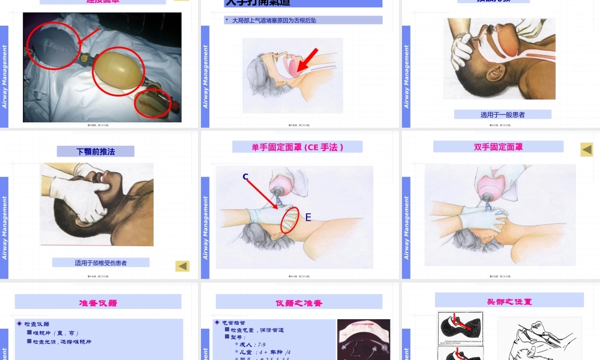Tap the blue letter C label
[x=245, y=176]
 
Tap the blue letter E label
[x=308, y=217]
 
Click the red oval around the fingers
[x=290, y=220]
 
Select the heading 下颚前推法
[x=96, y=152]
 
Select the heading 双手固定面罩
[x=498, y=147]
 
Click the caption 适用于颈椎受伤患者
[x=100, y=263]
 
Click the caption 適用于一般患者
[x=502, y=115]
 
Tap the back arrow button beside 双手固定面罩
[x=586, y=149]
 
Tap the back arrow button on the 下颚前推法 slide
[x=182, y=266]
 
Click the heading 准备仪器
[x=98, y=302]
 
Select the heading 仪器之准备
[x=299, y=302]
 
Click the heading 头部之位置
[x=509, y=301]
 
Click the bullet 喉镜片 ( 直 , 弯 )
[x=56, y=333]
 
